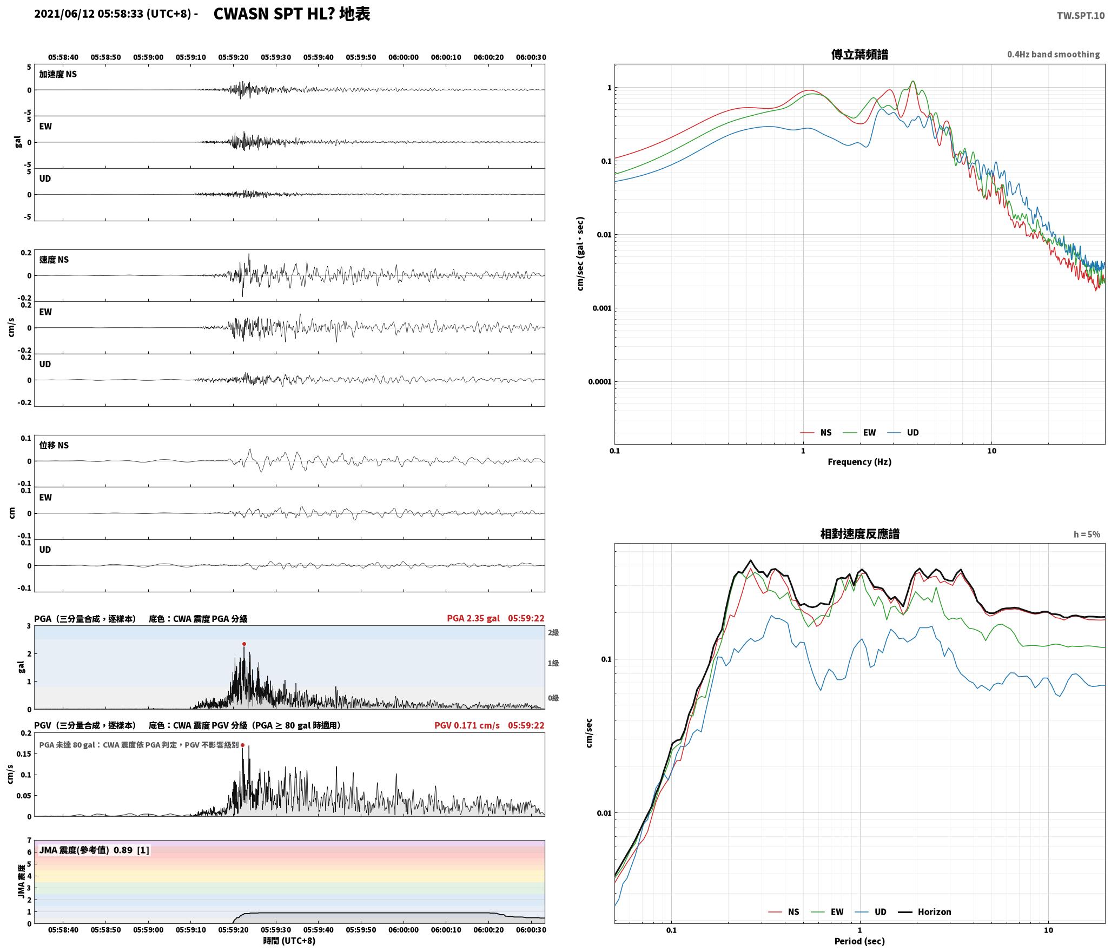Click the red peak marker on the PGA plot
(244, 644)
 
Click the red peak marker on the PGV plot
(242, 745)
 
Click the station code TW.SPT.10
(1081, 16)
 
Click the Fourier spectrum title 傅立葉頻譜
(859, 55)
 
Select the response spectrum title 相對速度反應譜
(859, 534)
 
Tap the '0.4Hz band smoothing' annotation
(1053, 55)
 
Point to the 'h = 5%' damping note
(1087, 534)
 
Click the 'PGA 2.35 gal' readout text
(473, 618)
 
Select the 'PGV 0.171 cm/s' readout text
(467, 725)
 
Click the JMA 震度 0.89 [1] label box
(94, 850)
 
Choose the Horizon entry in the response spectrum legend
(924, 912)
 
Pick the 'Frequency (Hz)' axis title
(859, 462)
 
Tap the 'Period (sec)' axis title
(859, 941)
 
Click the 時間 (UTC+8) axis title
(289, 941)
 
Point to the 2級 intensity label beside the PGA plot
(553, 633)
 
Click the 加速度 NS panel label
(58, 74)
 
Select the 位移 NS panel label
(54, 445)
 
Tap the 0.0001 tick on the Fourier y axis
(600, 382)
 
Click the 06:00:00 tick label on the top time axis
(404, 57)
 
